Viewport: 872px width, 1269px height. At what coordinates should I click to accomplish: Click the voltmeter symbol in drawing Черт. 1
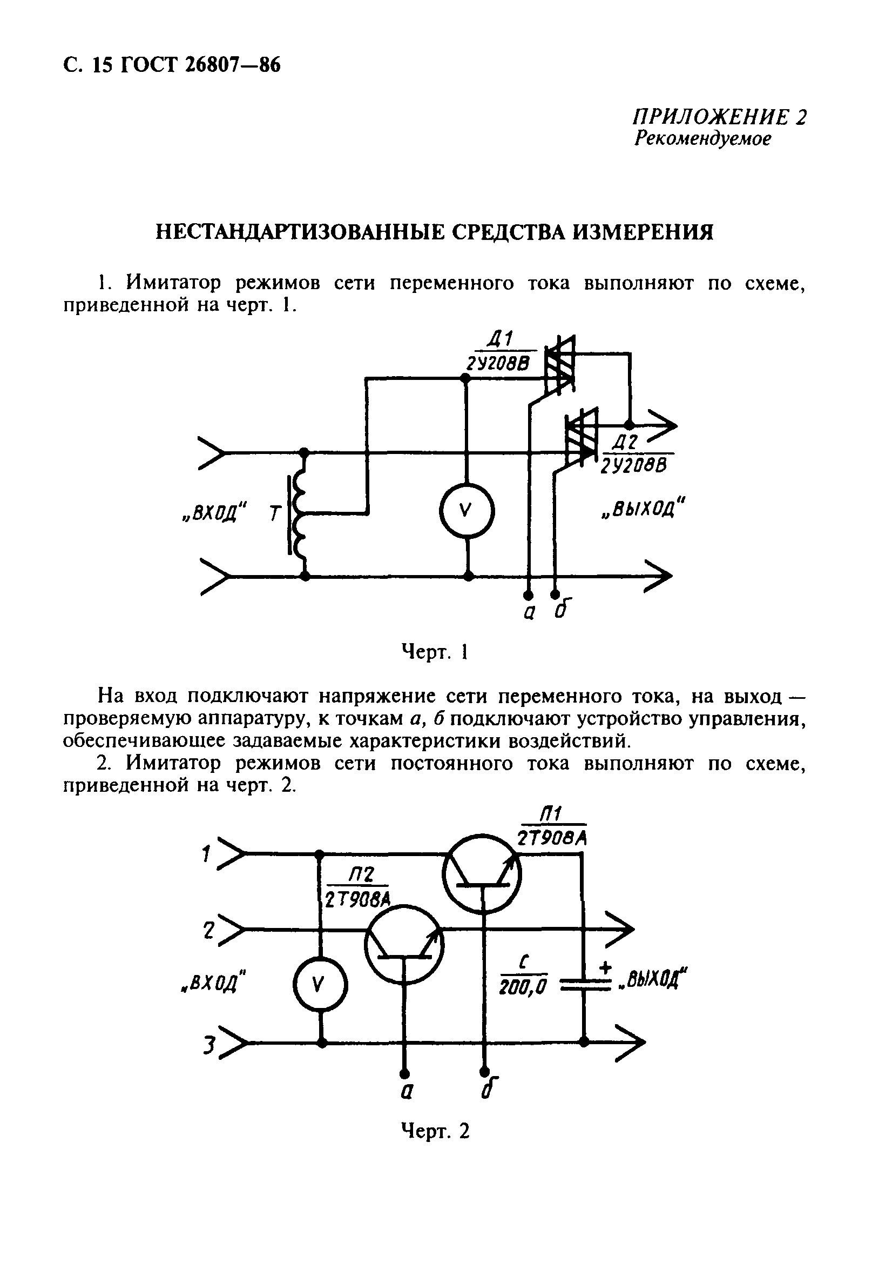tap(467, 511)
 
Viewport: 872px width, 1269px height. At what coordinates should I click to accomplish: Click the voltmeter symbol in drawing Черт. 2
tap(320, 985)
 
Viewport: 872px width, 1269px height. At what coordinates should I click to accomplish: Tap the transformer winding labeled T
tap(300, 514)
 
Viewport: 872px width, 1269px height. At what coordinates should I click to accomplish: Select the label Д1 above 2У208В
tap(499, 340)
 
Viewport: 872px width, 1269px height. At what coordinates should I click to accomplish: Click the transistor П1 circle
tap(481, 873)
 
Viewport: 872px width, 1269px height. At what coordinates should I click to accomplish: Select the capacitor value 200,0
tap(523, 988)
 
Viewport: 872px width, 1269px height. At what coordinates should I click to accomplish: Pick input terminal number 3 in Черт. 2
tap(208, 1045)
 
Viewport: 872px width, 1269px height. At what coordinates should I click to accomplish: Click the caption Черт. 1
tap(435, 652)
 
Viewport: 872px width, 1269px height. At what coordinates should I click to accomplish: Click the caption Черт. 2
tap(435, 1130)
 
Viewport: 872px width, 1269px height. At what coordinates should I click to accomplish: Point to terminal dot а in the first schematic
tap(528, 594)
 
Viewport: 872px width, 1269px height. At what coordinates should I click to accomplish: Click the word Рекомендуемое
tap(702, 139)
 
